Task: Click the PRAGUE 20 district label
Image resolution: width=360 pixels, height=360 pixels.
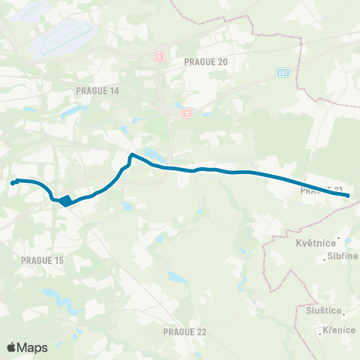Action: [x=205, y=62]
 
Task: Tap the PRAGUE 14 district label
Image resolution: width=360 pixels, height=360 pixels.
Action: [x=97, y=90]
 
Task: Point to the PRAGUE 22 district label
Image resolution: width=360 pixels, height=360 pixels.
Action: [x=184, y=331]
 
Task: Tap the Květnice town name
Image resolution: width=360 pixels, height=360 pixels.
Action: [x=315, y=242]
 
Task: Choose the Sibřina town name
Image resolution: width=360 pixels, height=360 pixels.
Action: [x=343, y=256]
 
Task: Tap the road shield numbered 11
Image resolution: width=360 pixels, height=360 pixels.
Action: [x=186, y=113]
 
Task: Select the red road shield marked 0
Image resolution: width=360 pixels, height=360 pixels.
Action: [x=159, y=56]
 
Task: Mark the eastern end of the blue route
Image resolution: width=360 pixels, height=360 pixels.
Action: [x=348, y=196]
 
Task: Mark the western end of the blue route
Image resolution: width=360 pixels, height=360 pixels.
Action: [x=13, y=182]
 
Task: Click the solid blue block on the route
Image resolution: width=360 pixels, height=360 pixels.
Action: [x=66, y=200]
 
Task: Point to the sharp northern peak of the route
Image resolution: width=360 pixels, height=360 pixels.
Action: [x=132, y=155]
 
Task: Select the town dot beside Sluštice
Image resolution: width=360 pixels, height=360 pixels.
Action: [x=344, y=309]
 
